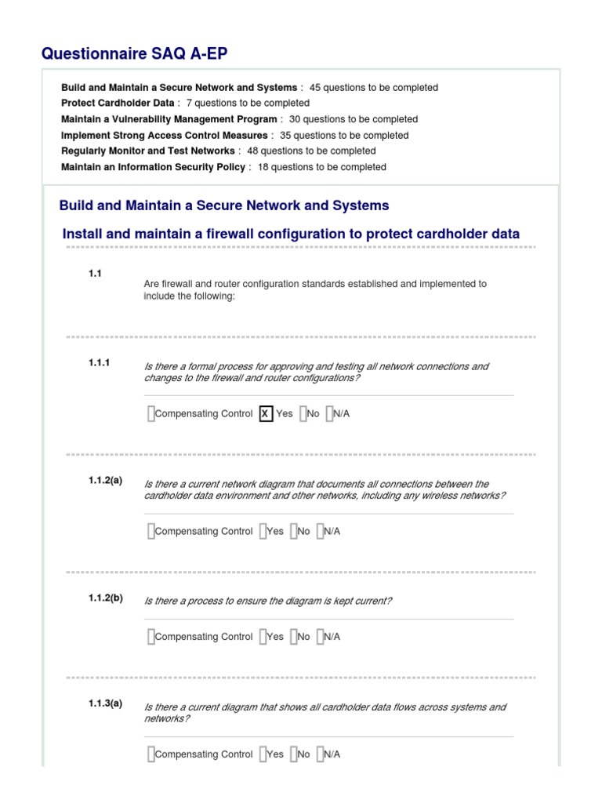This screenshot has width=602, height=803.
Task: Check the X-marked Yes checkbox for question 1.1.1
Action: [266, 414]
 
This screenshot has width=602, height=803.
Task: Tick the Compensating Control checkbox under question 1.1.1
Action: [150, 414]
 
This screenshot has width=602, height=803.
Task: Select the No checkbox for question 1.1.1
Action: [303, 414]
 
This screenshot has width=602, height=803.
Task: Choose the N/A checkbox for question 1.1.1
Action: [330, 414]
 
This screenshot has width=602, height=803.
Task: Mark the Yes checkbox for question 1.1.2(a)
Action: [263, 531]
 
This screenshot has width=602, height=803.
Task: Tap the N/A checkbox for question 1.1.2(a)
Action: [320, 531]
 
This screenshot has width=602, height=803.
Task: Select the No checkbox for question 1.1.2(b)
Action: [293, 637]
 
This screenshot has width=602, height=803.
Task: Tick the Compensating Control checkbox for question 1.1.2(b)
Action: [150, 637]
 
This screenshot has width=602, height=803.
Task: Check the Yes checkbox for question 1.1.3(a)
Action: [263, 754]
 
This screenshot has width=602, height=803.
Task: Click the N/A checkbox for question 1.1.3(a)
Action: [320, 754]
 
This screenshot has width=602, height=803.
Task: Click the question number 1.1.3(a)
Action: [105, 703]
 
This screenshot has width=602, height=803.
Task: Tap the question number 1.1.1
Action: [100, 363]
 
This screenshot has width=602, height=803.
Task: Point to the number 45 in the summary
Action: [315, 88]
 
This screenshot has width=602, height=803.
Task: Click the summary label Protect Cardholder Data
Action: [118, 104]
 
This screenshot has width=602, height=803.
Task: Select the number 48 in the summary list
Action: [252, 151]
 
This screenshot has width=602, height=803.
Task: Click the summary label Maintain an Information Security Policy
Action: [153, 167]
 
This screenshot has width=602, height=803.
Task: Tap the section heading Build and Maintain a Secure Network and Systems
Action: [224, 205]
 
